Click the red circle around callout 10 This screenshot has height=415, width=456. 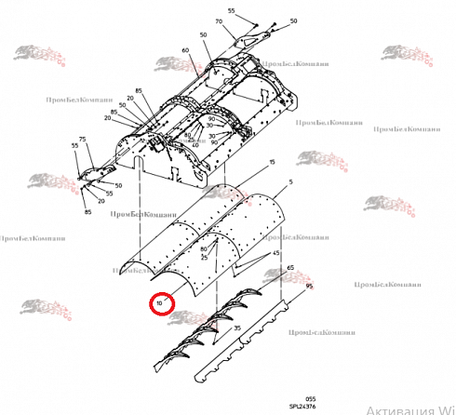(x=160, y=303)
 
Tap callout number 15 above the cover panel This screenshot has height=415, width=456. (x=273, y=162)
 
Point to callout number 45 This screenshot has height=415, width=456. (x=275, y=253)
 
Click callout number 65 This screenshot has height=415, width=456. (x=290, y=268)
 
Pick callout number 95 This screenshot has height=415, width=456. (x=309, y=286)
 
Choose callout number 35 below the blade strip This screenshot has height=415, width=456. (x=236, y=329)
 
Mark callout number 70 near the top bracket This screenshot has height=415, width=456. (x=219, y=21)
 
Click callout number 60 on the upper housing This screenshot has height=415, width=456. (x=186, y=49)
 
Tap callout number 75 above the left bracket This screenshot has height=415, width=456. (x=82, y=139)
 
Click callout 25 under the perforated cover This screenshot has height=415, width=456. (x=204, y=257)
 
